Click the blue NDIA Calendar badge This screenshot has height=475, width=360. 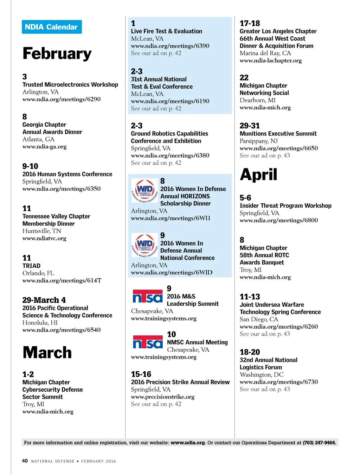click(x=52, y=27)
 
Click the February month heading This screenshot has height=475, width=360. click(x=57, y=53)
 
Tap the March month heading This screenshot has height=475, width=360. click(x=47, y=353)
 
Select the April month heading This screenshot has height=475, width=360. click(x=259, y=175)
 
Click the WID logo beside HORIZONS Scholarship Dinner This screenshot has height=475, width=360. click(x=144, y=191)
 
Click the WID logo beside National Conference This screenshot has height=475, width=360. click(x=144, y=245)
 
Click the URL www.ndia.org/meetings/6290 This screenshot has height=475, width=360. click(x=62, y=99)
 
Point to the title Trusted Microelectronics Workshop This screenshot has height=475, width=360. click(x=70, y=84)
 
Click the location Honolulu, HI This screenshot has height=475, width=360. click(x=40, y=323)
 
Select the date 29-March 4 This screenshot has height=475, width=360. click(x=44, y=300)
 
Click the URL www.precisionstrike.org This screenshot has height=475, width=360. click(x=163, y=397)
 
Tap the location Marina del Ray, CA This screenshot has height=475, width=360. click(x=265, y=53)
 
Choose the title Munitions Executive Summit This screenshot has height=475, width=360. click(x=278, y=134)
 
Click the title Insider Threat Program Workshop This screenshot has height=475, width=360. click(x=285, y=205)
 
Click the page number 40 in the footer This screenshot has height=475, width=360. click(x=25, y=461)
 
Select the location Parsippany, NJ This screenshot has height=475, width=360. click(x=259, y=141)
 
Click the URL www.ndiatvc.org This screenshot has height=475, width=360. click(x=44, y=238)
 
